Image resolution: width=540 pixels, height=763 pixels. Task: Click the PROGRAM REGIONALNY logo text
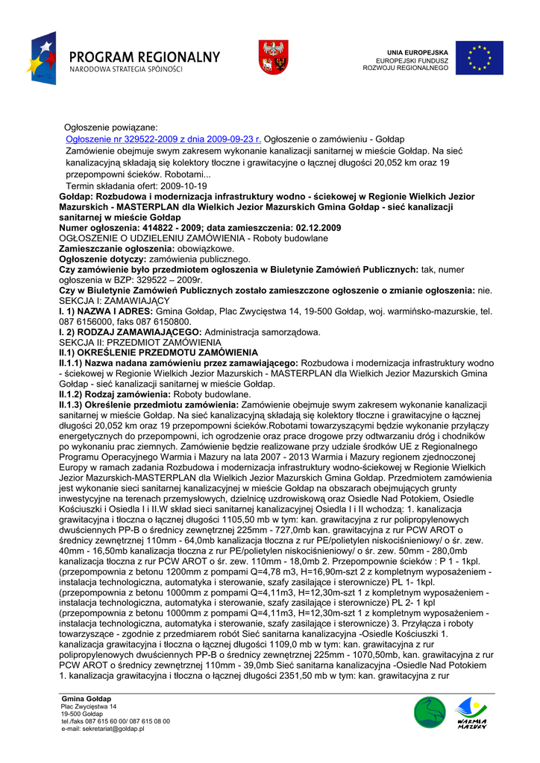tap(146, 57)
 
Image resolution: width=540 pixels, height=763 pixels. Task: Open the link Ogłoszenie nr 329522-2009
tap(163, 139)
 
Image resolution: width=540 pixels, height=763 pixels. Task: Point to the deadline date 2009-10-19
tap(182, 186)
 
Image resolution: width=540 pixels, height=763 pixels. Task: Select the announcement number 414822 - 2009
tap(153, 227)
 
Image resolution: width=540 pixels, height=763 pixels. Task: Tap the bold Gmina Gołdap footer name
tap(87, 698)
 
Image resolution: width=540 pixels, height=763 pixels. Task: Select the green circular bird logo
tap(430, 713)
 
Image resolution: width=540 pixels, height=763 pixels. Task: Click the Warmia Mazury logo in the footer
tap(471, 713)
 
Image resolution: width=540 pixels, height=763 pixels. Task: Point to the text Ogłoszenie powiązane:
tap(110, 128)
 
